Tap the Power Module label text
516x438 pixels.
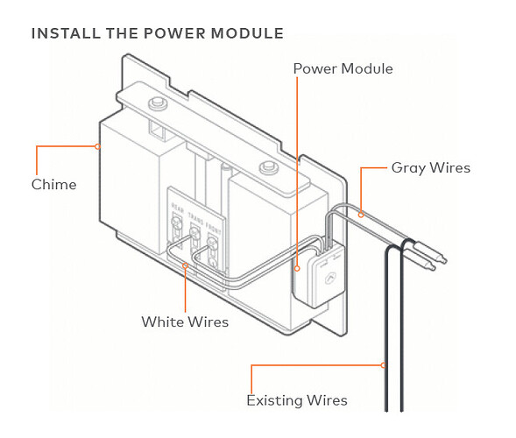[x=343, y=68]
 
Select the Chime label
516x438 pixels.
[x=53, y=184]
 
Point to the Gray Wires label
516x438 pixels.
[x=430, y=167]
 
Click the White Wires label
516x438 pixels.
[x=185, y=321]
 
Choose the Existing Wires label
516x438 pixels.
[x=297, y=400]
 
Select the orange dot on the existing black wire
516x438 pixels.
[x=385, y=364]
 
